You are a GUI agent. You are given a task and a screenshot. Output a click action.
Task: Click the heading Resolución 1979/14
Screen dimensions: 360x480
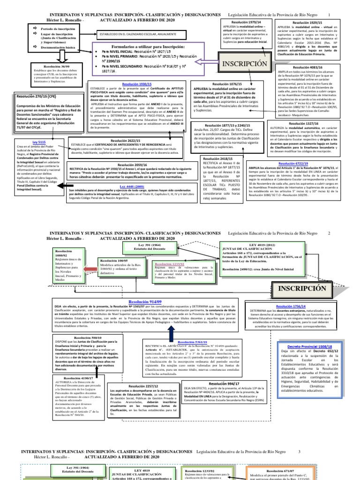(x=236, y=22)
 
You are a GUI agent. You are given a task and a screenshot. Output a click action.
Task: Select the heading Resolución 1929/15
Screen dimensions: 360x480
(x=307, y=22)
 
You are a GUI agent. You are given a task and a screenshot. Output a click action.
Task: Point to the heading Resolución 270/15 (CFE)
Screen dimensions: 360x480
(x=38, y=96)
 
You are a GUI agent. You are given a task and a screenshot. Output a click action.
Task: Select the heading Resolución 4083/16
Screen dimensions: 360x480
(x=307, y=67)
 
